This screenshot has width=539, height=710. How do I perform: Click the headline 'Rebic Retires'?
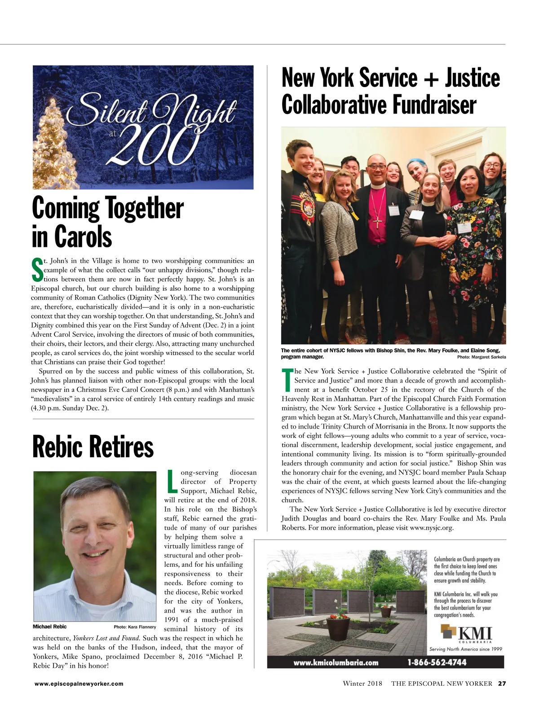point(93,447)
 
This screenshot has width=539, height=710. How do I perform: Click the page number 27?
point(502,684)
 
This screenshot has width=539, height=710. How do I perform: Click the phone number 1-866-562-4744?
point(437,662)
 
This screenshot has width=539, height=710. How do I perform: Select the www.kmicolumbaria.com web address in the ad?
point(336,662)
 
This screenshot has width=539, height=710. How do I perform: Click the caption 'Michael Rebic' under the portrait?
point(49,627)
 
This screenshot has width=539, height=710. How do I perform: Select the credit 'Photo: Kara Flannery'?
point(135,627)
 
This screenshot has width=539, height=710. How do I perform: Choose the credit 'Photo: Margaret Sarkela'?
point(482,357)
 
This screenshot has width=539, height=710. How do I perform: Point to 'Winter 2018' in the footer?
point(362,684)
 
